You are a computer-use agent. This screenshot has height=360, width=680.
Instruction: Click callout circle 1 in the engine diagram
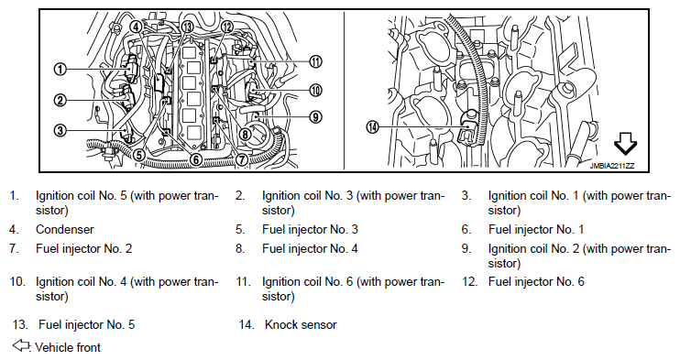point(60,69)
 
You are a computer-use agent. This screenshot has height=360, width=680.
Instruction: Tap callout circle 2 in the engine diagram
point(60,101)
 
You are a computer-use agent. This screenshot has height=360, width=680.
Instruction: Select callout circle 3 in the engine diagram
point(60,130)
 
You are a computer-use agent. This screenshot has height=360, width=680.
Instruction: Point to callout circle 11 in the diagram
point(315,62)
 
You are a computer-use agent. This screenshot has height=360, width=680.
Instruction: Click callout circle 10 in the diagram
point(315,90)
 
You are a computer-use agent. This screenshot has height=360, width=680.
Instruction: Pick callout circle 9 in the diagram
point(315,116)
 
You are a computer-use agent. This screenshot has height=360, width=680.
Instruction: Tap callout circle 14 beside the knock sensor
point(372,127)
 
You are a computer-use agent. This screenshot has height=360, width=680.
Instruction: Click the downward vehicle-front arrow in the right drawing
point(625,144)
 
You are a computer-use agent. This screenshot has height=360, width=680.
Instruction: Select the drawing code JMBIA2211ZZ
point(611,166)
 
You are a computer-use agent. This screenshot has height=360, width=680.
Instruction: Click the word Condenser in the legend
point(65,229)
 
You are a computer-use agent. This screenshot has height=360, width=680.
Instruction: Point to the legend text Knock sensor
point(301,325)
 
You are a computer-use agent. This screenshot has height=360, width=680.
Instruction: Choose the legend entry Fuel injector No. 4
point(310,248)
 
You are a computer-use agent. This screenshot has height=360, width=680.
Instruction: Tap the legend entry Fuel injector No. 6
point(536,282)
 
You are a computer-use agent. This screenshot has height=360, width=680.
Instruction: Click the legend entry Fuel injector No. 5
point(87,325)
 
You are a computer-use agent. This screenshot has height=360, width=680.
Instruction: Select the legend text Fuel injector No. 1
point(536,229)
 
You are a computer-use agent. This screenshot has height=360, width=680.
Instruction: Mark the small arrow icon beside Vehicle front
point(21,345)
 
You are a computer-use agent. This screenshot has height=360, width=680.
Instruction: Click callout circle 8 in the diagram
point(245,134)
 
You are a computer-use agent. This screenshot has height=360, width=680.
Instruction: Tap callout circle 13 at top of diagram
point(187,27)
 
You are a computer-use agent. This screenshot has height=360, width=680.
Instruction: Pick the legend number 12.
point(469,282)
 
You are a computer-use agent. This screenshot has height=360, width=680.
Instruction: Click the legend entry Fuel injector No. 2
point(83,248)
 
